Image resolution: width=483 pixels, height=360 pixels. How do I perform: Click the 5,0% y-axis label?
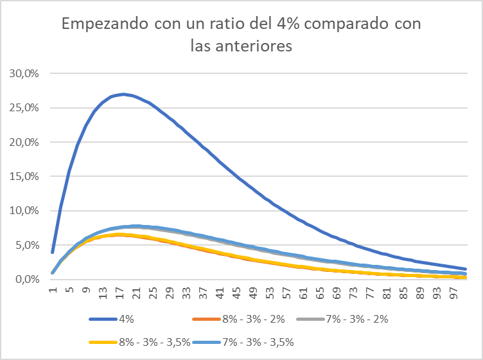click(x=28, y=245)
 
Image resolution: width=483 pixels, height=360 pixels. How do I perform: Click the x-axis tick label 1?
click(x=53, y=289)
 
